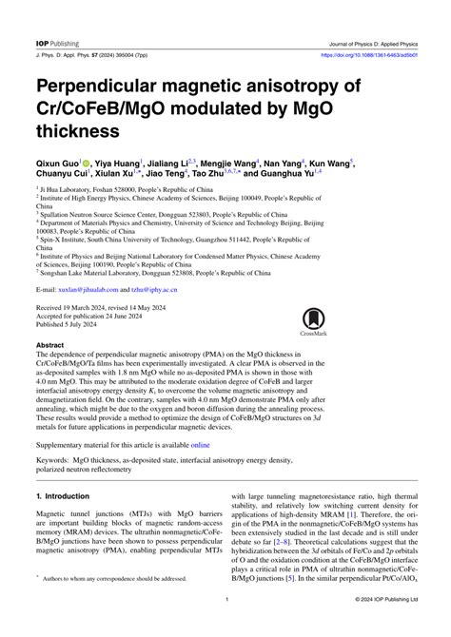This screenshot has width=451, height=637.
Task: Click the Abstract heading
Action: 49,345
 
